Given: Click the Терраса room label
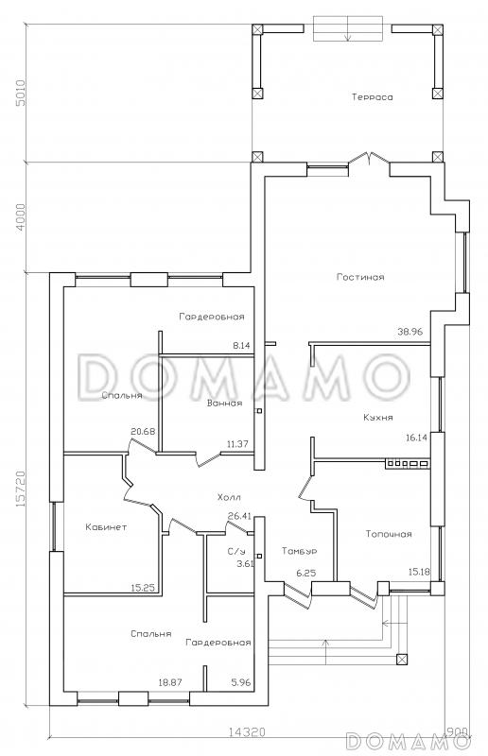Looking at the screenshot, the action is click(x=373, y=97).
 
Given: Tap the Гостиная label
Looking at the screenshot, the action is click(x=360, y=277).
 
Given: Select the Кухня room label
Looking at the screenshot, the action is click(x=378, y=418).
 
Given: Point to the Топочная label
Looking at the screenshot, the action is click(x=389, y=534).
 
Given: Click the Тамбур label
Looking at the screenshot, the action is click(x=299, y=551).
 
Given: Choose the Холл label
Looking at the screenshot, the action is click(x=229, y=497).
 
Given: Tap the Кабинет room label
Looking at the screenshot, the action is click(x=106, y=527).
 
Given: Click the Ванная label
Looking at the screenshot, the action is click(x=224, y=404).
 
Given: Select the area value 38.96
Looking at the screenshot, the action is click(x=410, y=332).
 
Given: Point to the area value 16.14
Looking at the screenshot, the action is click(x=416, y=438).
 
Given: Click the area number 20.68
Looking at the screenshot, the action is click(x=143, y=432).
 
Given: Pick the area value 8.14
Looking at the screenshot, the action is click(x=241, y=345).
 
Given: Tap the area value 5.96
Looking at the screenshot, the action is click(x=241, y=682).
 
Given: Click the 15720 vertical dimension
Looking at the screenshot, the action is click(x=20, y=489).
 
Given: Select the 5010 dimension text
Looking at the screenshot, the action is click(x=20, y=93).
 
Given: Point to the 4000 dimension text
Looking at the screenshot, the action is click(x=20, y=217).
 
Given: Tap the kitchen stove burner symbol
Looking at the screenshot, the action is click(x=407, y=464).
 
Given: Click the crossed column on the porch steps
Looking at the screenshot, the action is click(x=401, y=660).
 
